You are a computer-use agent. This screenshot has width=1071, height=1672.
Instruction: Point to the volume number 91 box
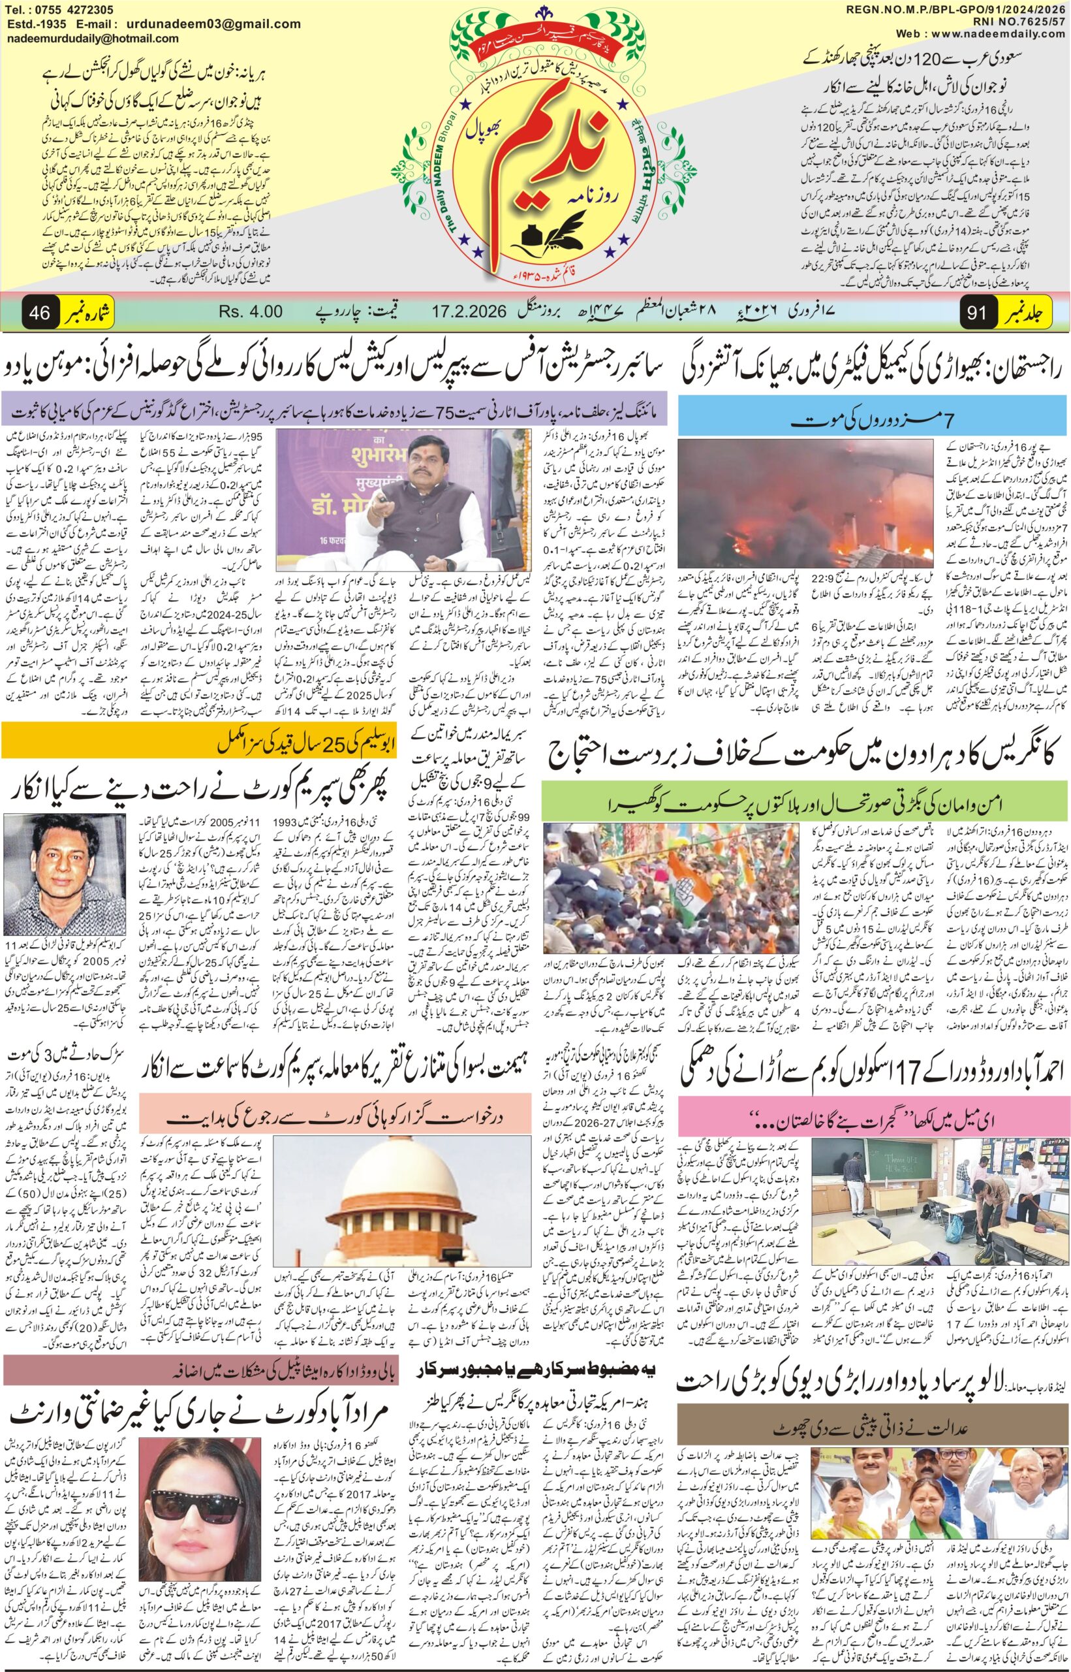click(976, 312)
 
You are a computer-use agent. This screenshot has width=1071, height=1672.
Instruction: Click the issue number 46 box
click(39, 312)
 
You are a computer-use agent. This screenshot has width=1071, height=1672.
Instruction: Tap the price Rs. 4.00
click(251, 312)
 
